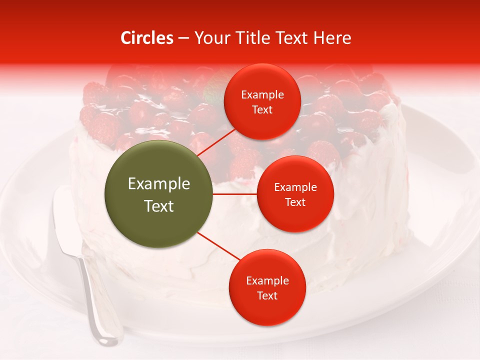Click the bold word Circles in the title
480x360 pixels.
point(146,38)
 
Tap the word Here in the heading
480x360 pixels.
point(331,38)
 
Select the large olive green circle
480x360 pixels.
point(159,194)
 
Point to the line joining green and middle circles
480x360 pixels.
point(235,194)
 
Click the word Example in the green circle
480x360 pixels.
point(159,184)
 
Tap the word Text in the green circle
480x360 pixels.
point(159,206)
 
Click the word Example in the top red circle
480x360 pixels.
point(262,94)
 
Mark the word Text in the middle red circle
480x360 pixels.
point(295,202)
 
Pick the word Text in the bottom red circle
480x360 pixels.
point(267,295)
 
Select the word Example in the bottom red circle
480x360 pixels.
point(267,280)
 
